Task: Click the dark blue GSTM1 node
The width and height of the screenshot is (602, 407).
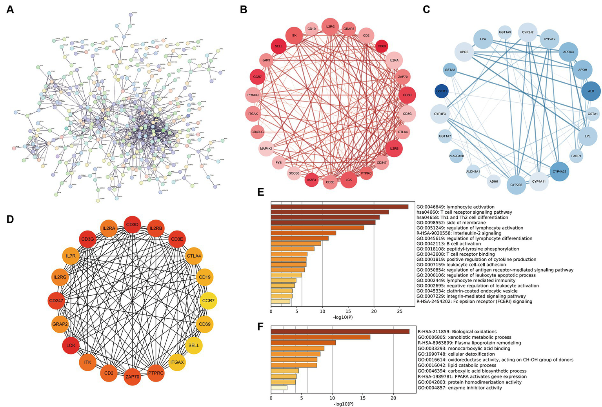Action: [442, 91]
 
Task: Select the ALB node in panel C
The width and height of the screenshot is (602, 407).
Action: [591, 91]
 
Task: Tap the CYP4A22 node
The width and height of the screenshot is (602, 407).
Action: [559, 171]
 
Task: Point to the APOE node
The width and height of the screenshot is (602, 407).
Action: [464, 52]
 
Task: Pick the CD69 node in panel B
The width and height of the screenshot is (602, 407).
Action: [382, 46]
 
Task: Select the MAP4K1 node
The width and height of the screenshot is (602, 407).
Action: [266, 149]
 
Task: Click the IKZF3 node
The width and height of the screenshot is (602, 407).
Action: [312, 180]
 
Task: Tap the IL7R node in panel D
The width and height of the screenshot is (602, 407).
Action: [71, 256]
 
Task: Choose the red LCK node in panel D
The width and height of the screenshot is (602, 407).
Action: [71, 345]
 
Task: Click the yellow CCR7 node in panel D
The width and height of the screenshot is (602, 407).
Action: [208, 301]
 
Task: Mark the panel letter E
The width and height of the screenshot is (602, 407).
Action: [261, 192]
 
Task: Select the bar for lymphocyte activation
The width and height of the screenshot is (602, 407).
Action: [339, 207]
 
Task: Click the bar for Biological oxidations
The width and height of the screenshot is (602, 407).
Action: [340, 331]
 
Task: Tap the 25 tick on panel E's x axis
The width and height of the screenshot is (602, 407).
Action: [400, 311]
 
